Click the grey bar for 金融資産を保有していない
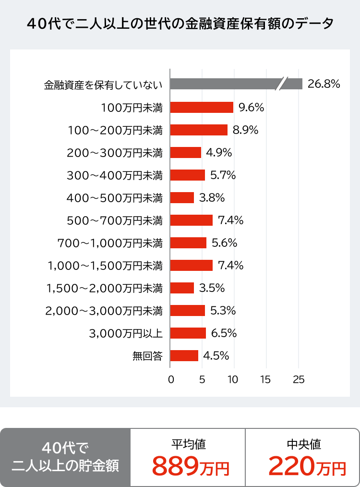tap(226, 84)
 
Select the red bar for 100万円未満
tap(202, 107)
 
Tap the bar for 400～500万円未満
tap(182, 197)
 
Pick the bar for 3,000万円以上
tap(188, 333)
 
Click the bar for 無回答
tap(184, 355)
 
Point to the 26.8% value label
tap(324, 84)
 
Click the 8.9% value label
tap(246, 130)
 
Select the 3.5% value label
tap(212, 288)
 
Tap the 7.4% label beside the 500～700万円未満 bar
tap(231, 220)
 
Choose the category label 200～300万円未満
tap(115, 153)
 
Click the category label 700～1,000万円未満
tap(110, 243)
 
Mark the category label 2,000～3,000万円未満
tap(104, 311)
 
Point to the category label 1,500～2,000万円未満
tap(104, 288)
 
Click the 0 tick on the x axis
tap(171, 379)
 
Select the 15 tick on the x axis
tap(265, 379)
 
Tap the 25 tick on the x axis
tap(299, 379)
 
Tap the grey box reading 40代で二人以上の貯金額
tap(66, 457)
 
